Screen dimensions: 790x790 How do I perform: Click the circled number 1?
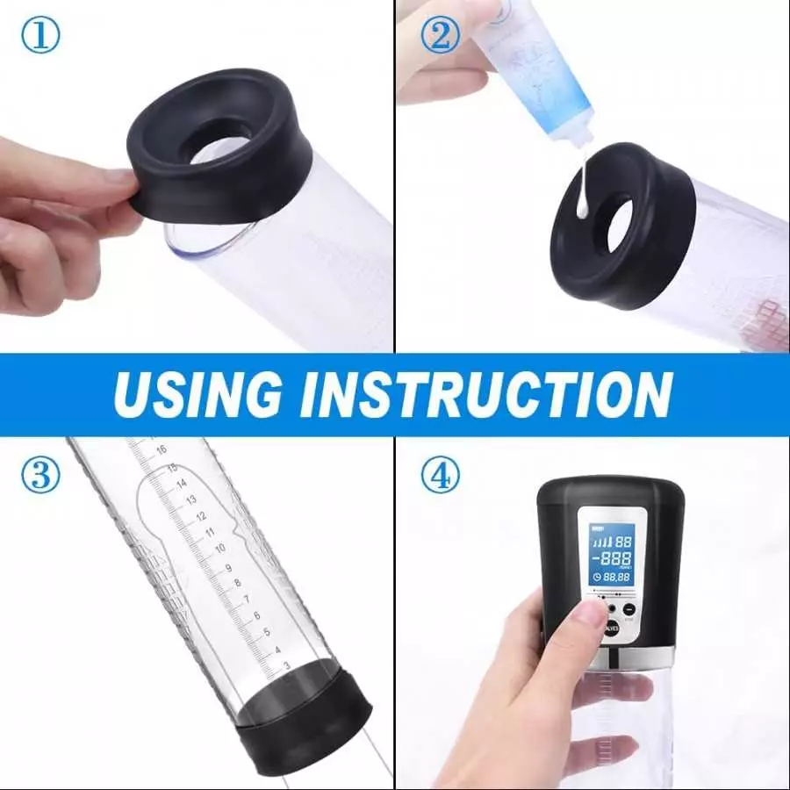click(x=39, y=36)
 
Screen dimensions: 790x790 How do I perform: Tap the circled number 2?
click(x=439, y=36)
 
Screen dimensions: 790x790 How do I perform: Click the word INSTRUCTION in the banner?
click(x=485, y=394)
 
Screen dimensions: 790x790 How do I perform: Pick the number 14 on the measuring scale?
click(x=181, y=483)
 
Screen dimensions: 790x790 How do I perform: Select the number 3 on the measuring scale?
click(x=285, y=666)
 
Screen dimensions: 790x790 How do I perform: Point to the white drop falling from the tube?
click(x=581, y=188)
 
